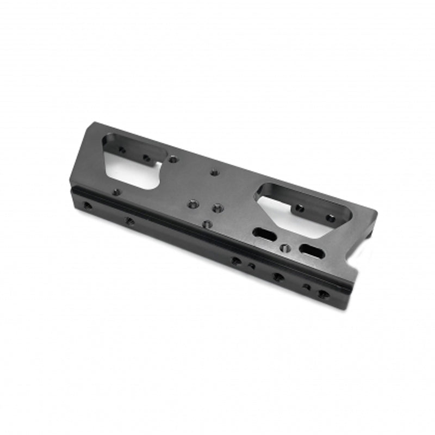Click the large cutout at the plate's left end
pyautogui.click(x=130, y=163)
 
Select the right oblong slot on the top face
pyautogui.click(x=313, y=250)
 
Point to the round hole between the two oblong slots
pyautogui.click(x=283, y=248)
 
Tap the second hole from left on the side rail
pyautogui.click(x=129, y=221)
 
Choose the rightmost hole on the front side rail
pyautogui.click(x=324, y=294)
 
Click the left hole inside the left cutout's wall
pyautogui.click(x=122, y=150)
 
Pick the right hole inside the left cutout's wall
pyautogui.click(x=146, y=158)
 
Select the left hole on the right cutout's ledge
pyautogui.click(x=299, y=208)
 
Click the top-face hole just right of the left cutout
pyautogui.click(x=173, y=159)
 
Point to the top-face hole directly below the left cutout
pyautogui.click(x=116, y=191)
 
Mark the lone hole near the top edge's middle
pyautogui.click(x=214, y=172)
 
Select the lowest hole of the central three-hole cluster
pyautogui.click(x=206, y=223)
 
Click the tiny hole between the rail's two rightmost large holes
pyautogui.click(x=307, y=287)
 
